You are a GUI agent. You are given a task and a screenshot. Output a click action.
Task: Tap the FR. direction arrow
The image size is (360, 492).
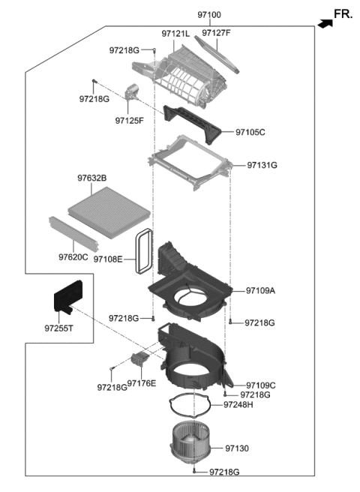point(324,24)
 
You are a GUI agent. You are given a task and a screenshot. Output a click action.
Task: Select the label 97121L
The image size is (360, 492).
point(176,34)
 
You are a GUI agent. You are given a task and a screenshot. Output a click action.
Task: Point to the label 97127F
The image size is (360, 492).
point(217,34)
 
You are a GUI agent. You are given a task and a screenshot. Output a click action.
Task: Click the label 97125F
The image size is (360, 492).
point(130,120)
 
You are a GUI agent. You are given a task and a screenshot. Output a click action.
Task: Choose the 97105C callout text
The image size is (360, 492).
point(250,132)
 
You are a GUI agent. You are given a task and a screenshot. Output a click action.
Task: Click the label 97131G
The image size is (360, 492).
point(262,165)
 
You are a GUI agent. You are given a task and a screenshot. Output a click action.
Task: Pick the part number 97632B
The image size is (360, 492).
point(91,178)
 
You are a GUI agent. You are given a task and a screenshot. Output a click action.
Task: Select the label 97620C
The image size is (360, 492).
point(73,257)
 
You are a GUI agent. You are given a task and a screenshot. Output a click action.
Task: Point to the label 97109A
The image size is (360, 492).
point(261,290)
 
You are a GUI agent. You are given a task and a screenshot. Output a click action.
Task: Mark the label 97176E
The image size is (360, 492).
point(142,383)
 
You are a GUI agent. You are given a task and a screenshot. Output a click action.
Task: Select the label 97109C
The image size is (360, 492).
point(261,385)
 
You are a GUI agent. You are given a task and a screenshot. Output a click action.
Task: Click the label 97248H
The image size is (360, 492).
point(238,405)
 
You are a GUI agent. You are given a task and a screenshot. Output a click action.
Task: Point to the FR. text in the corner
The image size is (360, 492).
point(343,13)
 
